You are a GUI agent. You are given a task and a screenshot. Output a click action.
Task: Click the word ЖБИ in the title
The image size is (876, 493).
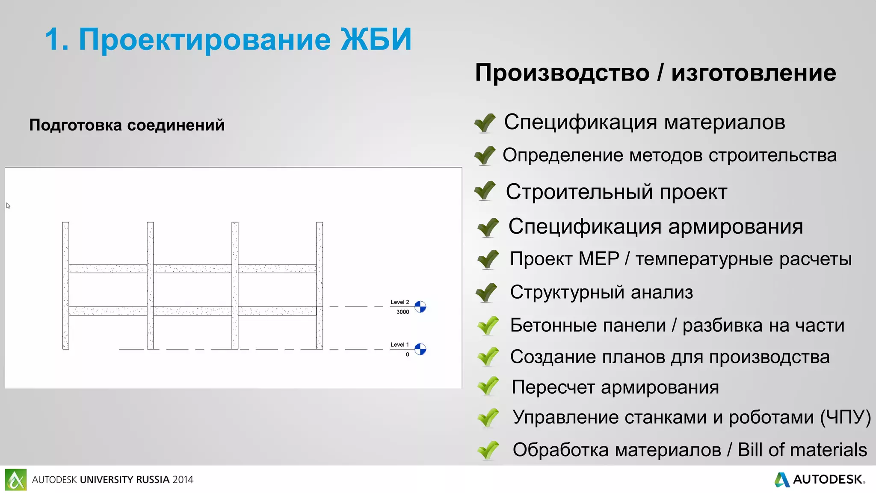376,39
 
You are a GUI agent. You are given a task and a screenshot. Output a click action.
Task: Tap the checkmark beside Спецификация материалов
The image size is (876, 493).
485,123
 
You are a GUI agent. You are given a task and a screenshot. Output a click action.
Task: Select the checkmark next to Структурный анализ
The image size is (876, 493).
487,293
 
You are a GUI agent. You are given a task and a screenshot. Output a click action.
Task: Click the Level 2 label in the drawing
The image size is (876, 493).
400,302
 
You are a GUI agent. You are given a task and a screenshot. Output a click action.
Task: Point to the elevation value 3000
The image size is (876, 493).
402,312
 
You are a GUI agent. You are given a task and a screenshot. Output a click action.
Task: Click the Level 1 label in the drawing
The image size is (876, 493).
400,345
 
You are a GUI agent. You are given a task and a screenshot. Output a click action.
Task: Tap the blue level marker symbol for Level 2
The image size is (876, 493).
420,307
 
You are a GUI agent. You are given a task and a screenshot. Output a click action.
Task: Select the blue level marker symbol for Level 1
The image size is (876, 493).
420,349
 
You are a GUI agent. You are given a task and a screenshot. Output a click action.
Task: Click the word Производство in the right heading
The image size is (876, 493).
562,73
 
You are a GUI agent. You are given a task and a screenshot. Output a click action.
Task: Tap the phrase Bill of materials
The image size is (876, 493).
802,450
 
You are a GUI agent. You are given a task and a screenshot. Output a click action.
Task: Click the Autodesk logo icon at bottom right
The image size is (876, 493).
782,479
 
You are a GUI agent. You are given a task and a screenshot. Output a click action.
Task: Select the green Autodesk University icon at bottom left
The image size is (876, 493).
16,479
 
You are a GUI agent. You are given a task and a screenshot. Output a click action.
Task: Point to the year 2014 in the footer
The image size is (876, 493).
183,480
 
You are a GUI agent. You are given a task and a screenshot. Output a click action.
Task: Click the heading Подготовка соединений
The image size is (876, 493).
127,125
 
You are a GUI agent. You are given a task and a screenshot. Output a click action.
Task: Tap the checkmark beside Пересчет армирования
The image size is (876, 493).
488,386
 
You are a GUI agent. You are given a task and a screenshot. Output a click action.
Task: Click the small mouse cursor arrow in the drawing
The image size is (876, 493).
8,206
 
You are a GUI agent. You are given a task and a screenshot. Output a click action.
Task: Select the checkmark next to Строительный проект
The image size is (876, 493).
485,191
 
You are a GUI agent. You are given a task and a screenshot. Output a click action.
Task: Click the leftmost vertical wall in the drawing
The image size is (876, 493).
65,285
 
